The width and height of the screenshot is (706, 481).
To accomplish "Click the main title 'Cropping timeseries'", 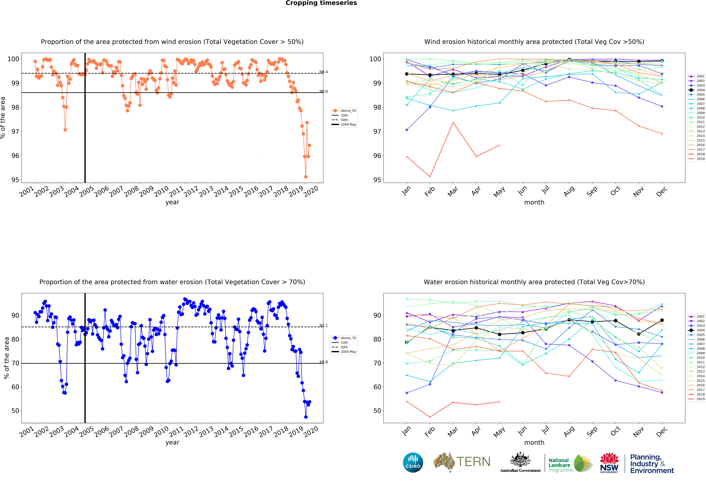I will [x=321, y=3].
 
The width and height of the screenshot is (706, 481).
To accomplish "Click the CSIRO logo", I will [x=413, y=462].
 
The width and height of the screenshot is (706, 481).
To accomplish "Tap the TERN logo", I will [x=462, y=462].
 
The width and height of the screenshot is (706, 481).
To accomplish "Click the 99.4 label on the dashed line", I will [x=324, y=72].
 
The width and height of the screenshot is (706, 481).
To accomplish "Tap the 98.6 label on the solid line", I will [x=324, y=91].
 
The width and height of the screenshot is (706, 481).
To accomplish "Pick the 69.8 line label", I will [x=324, y=362].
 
